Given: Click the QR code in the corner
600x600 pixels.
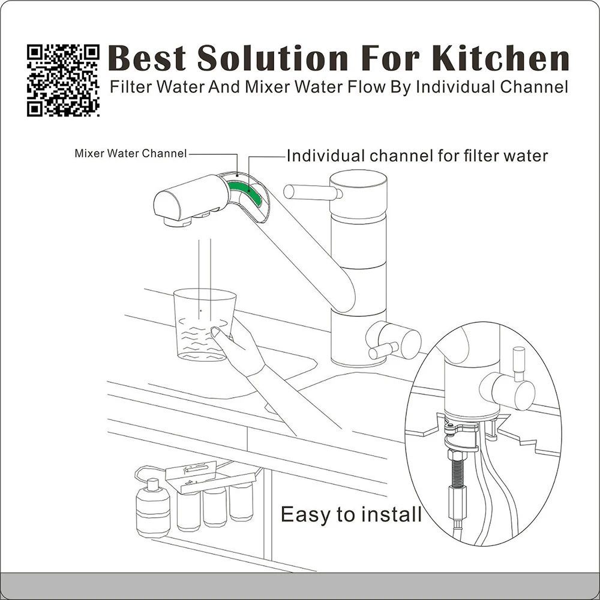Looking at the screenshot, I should click(x=63, y=79).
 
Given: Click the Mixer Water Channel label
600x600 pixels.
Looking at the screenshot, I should click(x=130, y=153).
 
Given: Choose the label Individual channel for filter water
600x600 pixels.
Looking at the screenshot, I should click(x=417, y=156).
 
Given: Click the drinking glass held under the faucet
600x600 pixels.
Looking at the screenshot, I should click(x=204, y=324).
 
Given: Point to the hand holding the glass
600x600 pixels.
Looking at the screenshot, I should click(x=240, y=348).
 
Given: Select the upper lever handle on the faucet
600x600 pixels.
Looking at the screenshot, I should click(x=312, y=192).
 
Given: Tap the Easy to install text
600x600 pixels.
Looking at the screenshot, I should click(x=351, y=514).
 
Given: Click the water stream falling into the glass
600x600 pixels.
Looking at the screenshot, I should click(x=204, y=264).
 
